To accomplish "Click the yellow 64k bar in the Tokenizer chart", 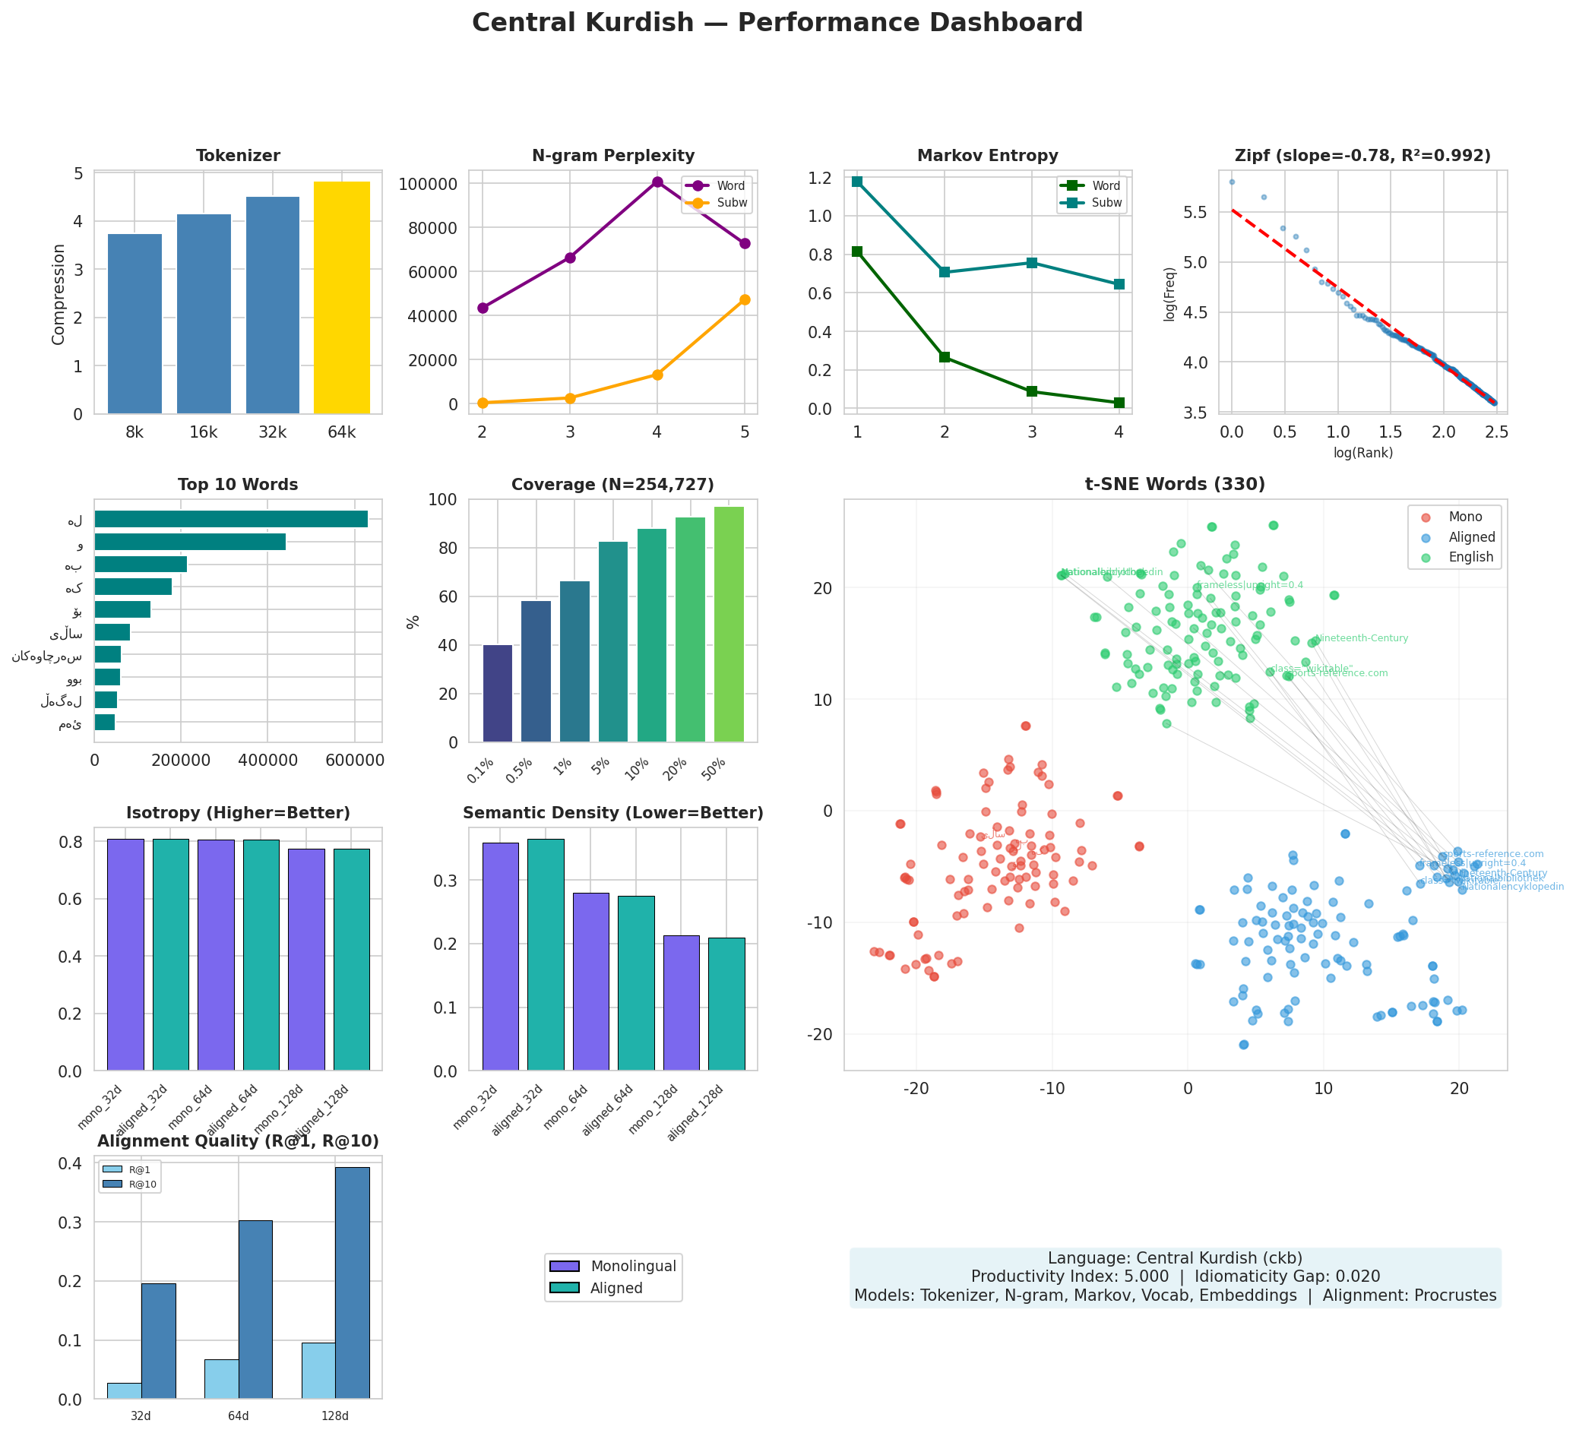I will (342, 298).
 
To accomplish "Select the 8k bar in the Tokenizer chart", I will (134, 324).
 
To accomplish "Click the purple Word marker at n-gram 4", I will (657, 182).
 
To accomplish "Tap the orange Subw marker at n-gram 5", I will (744, 299).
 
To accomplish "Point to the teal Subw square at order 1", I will (858, 182).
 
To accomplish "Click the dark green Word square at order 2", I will (945, 357).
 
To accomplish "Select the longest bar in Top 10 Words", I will (230, 519).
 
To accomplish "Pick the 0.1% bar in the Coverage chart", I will (498, 694).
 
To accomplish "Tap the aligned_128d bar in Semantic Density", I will (726, 1004).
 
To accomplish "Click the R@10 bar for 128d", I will (352, 1283).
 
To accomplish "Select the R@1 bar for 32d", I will (125, 1390).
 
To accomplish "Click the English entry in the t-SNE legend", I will (1470, 558).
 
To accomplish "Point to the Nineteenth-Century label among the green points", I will (1362, 638).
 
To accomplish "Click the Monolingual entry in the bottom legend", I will (633, 1266).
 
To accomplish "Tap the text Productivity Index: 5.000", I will (1070, 1276).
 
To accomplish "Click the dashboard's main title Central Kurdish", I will (777, 23).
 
